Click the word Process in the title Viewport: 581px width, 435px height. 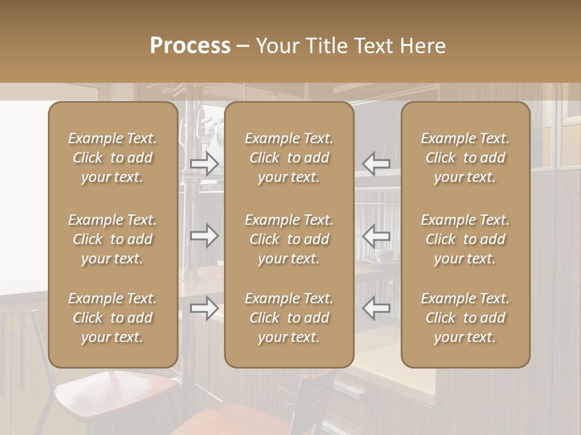click(190, 46)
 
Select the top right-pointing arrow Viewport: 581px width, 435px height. click(205, 164)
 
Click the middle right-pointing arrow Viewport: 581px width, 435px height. click(205, 236)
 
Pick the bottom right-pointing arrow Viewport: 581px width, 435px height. click(205, 308)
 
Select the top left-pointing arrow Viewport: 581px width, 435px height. click(376, 164)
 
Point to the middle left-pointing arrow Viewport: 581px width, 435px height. click(376, 236)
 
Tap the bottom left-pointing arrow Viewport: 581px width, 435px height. click(376, 308)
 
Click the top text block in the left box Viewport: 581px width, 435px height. click(113, 158)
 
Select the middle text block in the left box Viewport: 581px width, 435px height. click(113, 239)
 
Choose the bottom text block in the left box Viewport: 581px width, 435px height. click(113, 318)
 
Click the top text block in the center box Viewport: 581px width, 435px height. click(289, 158)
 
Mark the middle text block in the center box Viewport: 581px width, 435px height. click(289, 239)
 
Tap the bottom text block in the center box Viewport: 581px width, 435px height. click(289, 318)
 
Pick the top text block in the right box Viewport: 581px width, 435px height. click(465, 158)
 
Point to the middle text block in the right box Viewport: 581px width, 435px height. click(465, 239)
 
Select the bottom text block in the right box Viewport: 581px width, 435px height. click(465, 318)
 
